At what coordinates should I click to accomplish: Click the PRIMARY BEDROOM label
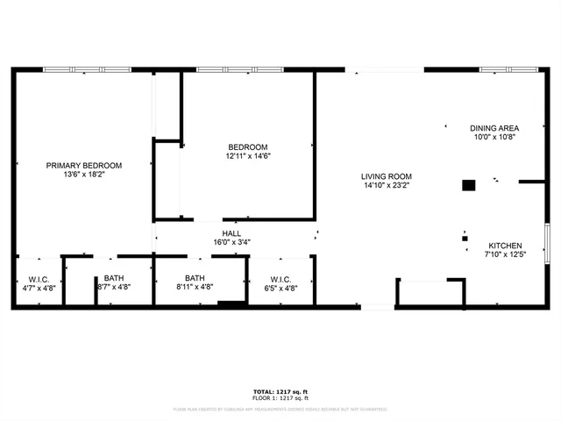pyautogui.click(x=84, y=165)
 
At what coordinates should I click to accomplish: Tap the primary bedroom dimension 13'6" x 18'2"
pyautogui.click(x=84, y=175)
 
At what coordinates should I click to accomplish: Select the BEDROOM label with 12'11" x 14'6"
pyautogui.click(x=248, y=146)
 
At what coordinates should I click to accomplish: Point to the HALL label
pyautogui.click(x=231, y=233)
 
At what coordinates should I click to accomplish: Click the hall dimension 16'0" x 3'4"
pyautogui.click(x=231, y=243)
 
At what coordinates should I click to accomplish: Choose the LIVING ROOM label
pyautogui.click(x=387, y=175)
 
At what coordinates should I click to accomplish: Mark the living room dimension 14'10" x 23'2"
pyautogui.click(x=387, y=185)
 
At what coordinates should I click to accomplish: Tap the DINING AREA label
pyautogui.click(x=494, y=127)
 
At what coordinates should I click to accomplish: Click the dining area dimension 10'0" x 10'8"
pyautogui.click(x=494, y=137)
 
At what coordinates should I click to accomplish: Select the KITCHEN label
pyautogui.click(x=505, y=246)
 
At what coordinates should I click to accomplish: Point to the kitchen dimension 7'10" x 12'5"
pyautogui.click(x=505, y=255)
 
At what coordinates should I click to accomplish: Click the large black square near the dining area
pyautogui.click(x=469, y=185)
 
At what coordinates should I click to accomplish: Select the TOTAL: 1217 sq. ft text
pyautogui.click(x=280, y=392)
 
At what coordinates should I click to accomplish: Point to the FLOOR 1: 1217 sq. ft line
pyautogui.click(x=280, y=399)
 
